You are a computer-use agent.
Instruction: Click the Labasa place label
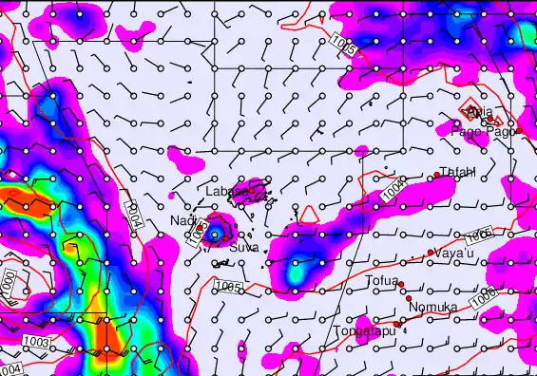point(224,191)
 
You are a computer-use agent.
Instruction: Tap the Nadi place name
point(182,220)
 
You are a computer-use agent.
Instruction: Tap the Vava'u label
point(455,254)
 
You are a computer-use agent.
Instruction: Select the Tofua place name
point(380,281)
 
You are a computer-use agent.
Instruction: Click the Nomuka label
point(432,307)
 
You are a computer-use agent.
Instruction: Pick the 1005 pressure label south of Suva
point(228,285)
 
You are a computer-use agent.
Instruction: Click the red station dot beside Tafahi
point(434,175)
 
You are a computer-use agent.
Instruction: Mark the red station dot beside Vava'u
point(431,253)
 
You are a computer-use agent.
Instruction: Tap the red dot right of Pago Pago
point(519,130)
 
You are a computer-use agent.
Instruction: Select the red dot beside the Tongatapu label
point(398,323)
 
